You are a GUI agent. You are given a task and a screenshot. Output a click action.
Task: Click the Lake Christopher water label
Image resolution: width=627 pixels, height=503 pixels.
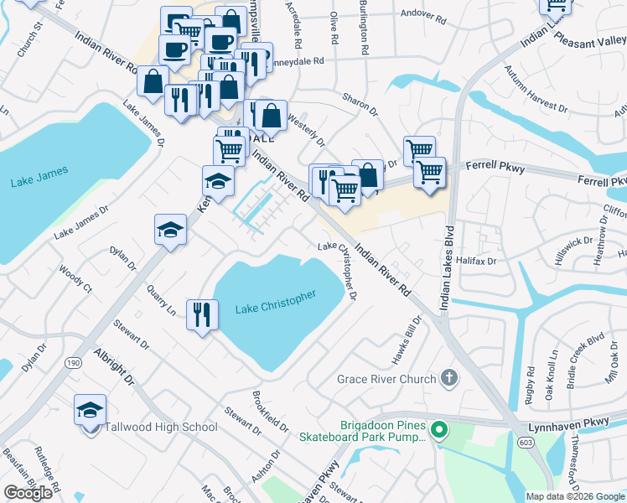276,303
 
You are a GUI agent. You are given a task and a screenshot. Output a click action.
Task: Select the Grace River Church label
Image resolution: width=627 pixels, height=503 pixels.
386,379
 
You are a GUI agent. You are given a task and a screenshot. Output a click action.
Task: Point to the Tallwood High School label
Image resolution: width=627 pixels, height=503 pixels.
160,427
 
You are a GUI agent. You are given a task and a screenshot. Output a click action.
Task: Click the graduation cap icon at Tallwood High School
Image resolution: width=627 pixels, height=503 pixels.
90,410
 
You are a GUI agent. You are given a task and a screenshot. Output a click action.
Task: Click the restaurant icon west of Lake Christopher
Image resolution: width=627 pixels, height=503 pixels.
201,314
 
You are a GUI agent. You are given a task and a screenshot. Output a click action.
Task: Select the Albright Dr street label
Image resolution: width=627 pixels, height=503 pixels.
115,366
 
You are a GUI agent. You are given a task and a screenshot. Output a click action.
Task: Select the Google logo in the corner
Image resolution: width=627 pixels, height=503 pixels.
28,493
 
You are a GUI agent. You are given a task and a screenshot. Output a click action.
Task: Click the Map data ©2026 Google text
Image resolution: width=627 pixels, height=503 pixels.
574,496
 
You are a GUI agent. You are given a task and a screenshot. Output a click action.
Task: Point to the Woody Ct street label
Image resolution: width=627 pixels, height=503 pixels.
76,280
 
